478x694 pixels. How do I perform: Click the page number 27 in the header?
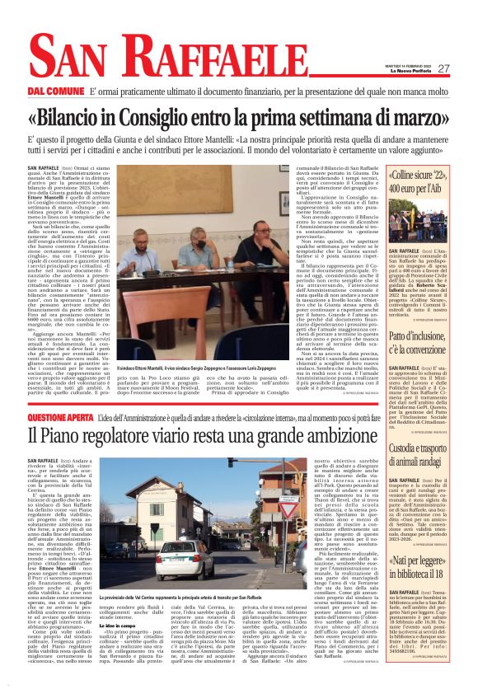(443, 68)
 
